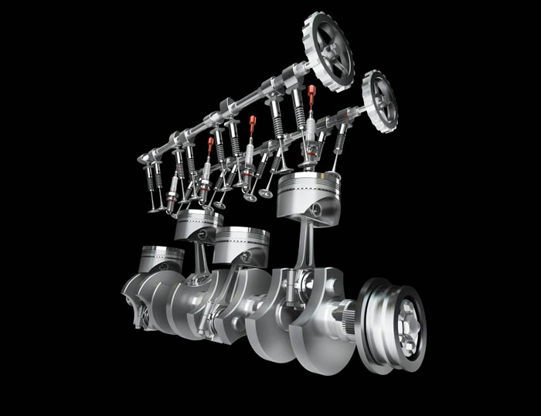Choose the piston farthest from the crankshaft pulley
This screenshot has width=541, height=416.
coord(161,260)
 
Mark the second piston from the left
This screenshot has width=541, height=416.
coord(199,225)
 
